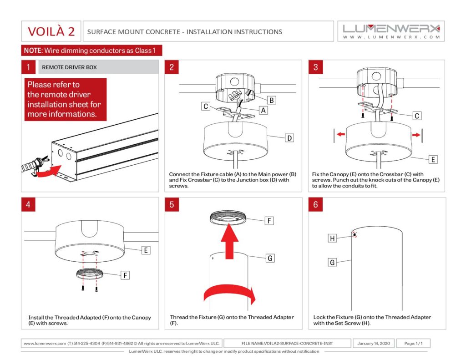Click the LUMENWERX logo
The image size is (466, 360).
point(391,30)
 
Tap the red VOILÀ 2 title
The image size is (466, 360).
point(51,31)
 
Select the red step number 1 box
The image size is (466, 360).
point(28,67)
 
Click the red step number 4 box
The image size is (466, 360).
point(28,204)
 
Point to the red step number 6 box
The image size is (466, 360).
point(316,204)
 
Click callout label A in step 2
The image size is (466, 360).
point(263,110)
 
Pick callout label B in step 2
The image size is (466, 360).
point(271,100)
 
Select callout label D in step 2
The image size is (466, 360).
point(289,138)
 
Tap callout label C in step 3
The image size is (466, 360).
point(417,116)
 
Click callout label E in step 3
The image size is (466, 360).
point(433,159)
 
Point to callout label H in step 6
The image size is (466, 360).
point(333,238)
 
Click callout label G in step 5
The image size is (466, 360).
point(270,258)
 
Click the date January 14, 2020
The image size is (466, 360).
point(373,343)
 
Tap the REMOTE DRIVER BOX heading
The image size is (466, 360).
point(69,67)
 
